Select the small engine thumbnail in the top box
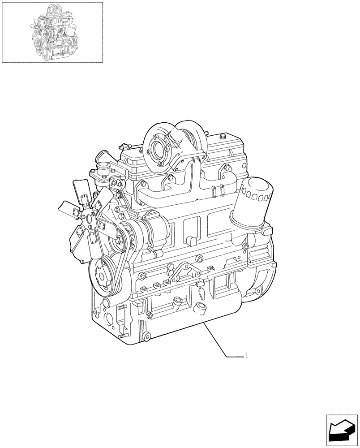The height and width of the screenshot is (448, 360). click(x=52, y=32)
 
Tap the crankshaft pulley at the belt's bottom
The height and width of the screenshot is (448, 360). click(x=103, y=275)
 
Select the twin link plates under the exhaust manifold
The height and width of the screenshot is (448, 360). click(x=214, y=190)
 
